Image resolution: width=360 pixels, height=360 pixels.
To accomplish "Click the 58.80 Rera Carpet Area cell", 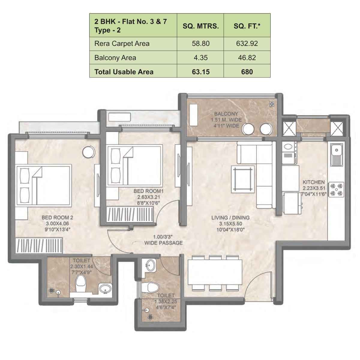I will click(200, 44).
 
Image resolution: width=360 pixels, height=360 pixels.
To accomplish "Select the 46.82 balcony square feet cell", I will click(247, 58).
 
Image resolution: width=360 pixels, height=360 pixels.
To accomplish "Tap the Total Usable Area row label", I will click(124, 72).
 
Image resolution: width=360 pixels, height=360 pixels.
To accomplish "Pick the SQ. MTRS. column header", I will click(200, 26).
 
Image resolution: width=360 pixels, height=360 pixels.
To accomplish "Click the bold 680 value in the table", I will click(247, 72).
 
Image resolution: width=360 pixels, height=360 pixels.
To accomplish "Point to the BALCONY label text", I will click(226, 114).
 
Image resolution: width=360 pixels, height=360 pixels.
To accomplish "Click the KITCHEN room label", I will click(313, 182).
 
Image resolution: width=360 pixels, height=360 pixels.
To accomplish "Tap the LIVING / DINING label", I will click(230, 218).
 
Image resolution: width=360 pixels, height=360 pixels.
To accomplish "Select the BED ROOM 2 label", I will click(57, 217).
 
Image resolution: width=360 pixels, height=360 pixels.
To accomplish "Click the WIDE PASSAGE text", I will click(163, 243).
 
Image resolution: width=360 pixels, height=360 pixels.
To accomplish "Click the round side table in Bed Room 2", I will click(89, 152).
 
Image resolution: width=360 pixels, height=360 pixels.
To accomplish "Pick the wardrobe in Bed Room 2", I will click(39, 245).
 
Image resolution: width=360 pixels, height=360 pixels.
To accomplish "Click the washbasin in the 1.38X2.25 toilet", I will click(151, 265).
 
